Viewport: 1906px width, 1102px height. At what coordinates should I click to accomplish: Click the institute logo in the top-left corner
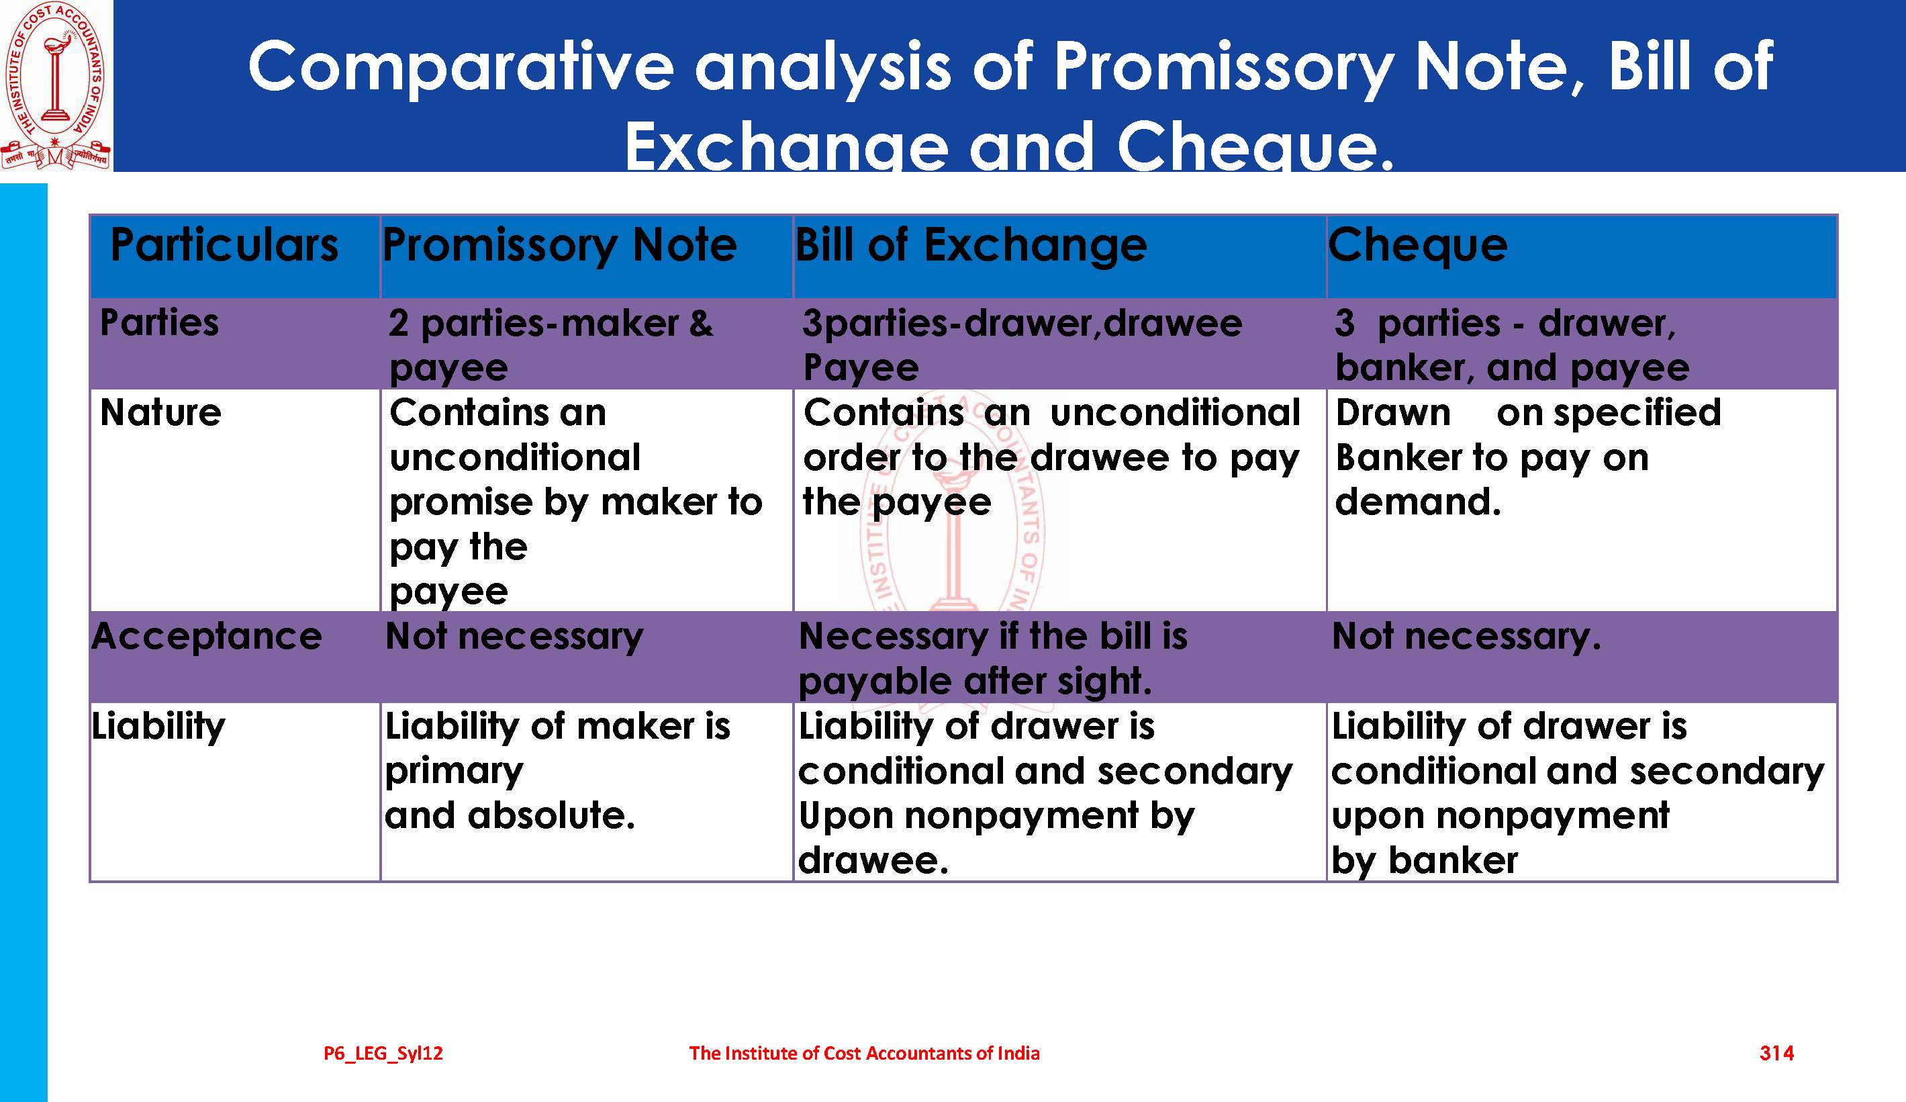56,85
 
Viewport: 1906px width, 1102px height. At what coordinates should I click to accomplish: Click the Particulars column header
225,245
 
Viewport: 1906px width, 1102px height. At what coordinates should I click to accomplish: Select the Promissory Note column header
560,246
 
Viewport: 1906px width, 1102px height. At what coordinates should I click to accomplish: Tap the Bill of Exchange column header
971,246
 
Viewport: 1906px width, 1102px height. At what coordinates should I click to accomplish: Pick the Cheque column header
1418,246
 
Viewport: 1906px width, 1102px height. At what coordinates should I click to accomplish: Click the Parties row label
160,322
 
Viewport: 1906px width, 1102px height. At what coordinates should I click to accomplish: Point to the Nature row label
160,412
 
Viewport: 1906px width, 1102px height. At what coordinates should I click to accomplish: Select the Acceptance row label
207,637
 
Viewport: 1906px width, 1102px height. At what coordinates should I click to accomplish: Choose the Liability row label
158,727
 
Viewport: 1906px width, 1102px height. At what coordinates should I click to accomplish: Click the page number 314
1776,1053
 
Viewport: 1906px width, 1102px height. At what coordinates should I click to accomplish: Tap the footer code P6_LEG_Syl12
383,1054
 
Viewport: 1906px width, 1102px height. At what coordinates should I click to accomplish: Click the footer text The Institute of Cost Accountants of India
865,1053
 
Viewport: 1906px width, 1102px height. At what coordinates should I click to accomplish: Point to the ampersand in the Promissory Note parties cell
701,324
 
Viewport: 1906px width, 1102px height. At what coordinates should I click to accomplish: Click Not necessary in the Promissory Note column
514,637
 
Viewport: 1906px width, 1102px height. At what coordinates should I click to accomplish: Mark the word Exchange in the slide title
787,145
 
